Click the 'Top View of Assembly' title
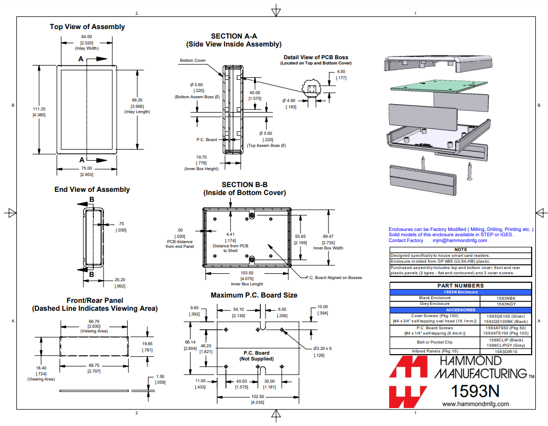tap(87, 26)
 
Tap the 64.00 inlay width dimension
tap(87, 36)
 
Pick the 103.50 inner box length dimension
tap(247, 273)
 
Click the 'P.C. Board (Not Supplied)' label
tap(256, 356)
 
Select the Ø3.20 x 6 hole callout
tap(322, 348)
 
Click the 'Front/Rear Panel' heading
tap(94, 300)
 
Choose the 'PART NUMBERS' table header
tap(460, 286)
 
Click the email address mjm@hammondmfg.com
tap(460, 240)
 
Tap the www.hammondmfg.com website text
tap(475, 404)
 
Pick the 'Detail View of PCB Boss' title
tap(316, 57)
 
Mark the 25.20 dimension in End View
tap(120, 280)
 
